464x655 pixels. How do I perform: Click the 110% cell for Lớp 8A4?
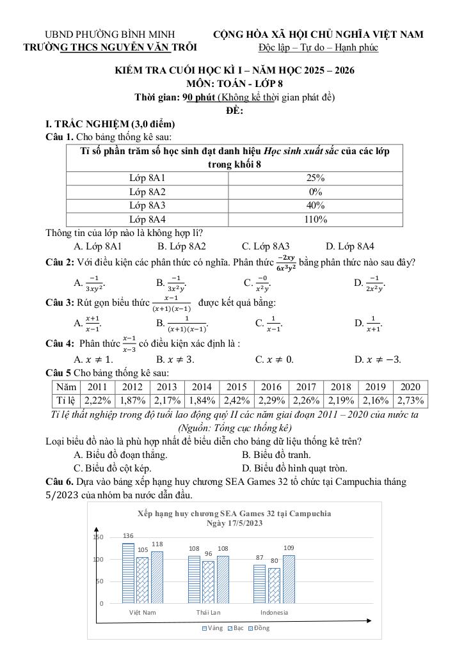coord(315,219)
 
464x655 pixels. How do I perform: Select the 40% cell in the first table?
coord(315,205)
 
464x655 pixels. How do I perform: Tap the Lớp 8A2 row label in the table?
coord(147,191)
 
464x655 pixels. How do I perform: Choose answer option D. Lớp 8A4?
coord(350,246)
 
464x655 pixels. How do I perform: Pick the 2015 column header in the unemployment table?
coord(236,387)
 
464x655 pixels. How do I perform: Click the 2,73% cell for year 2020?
coord(410,400)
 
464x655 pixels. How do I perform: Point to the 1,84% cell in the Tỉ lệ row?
coord(202,400)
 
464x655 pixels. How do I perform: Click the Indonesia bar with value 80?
coord(274,585)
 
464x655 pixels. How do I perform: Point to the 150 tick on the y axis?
coord(98,537)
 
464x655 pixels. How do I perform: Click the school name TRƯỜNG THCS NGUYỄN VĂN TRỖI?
coord(110,47)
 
